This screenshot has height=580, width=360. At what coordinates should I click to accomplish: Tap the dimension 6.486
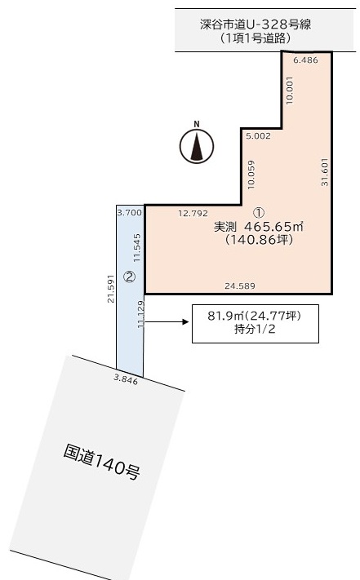(305, 60)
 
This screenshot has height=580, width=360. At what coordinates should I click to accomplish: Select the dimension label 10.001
(289, 91)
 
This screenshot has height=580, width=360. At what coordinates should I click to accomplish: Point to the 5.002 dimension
(258, 135)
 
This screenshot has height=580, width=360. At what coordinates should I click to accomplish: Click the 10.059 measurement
(251, 175)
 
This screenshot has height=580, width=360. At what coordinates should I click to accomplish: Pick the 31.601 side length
(325, 172)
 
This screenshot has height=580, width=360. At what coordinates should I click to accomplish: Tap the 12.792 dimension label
(193, 214)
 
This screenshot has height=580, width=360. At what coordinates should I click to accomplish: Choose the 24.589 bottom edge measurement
(240, 286)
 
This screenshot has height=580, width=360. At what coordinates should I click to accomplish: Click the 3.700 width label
(129, 212)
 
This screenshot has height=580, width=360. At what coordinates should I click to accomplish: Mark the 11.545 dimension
(137, 247)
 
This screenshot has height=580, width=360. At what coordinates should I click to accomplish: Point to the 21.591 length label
(111, 289)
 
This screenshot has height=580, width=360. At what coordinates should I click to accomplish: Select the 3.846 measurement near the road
(126, 379)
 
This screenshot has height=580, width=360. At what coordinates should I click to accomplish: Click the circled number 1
(259, 212)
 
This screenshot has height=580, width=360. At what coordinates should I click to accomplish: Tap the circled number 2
(129, 277)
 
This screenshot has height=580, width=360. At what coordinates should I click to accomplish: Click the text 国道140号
(101, 462)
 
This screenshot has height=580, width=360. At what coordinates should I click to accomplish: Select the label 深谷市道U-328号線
(256, 24)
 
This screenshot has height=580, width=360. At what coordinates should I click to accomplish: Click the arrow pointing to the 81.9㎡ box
(167, 321)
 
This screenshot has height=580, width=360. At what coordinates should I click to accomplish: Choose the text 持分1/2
(255, 329)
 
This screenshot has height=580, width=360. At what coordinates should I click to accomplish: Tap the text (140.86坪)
(259, 240)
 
